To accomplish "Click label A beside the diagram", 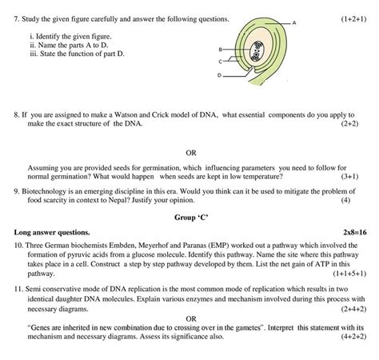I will tap(295, 22).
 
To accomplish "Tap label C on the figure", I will tap(217, 62).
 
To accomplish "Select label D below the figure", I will tap(217, 75).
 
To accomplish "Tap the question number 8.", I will tap(17, 115).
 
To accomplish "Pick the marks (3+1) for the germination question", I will tap(349, 176).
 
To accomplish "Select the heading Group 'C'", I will tap(190, 216).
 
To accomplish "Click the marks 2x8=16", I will tap(353, 231).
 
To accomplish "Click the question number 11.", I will tap(18, 287).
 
